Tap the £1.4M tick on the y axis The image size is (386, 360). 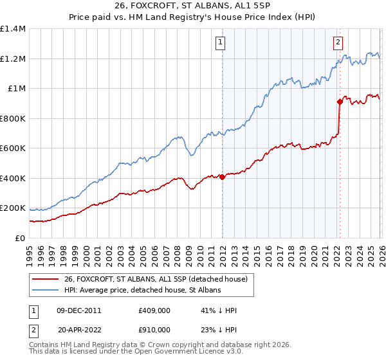pyautogui.click(x=14, y=29)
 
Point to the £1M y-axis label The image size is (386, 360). pyautogui.click(x=16, y=89)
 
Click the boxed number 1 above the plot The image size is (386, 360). pyautogui.click(x=221, y=42)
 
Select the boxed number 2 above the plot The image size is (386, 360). pyautogui.click(x=338, y=42)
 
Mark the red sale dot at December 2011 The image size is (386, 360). pyautogui.click(x=222, y=177)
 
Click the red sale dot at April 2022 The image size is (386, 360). pyautogui.click(x=339, y=102)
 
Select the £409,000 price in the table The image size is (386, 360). pyautogui.click(x=154, y=310)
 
